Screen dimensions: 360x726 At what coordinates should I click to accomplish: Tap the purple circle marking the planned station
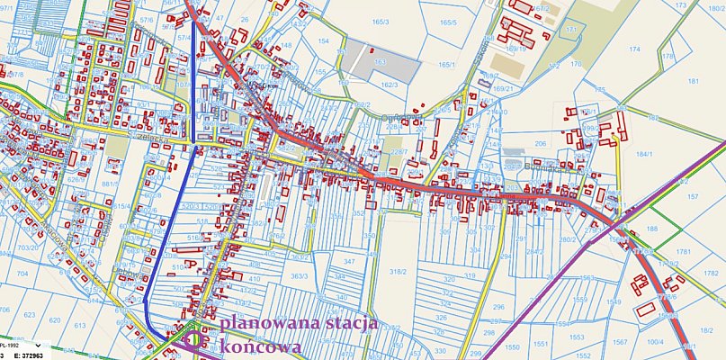pos(200,341)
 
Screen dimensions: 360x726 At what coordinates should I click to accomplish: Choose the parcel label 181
pos(694,81)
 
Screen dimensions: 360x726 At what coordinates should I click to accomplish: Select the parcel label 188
pos(652,229)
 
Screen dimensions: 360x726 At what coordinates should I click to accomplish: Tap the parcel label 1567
pos(620,342)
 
